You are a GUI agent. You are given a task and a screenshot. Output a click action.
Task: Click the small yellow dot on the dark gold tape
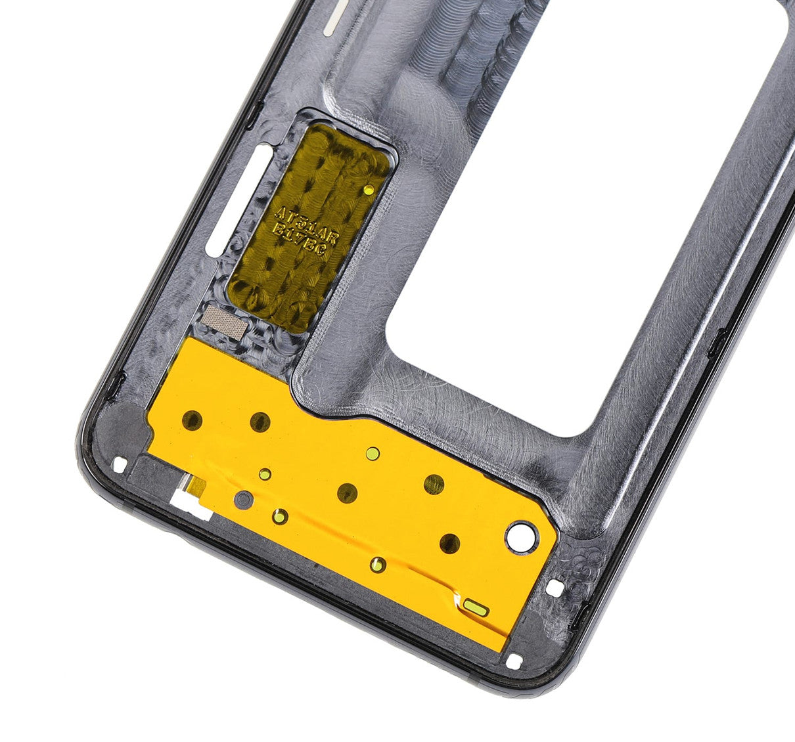coord(369,190)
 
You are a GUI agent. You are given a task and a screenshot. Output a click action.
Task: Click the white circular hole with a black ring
coord(522,536)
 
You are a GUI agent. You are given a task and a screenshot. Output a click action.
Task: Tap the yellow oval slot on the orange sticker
coord(476,607)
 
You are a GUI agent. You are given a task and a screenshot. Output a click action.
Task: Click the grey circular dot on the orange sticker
coord(243,499)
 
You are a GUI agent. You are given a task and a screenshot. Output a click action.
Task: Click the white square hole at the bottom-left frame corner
coord(119,464)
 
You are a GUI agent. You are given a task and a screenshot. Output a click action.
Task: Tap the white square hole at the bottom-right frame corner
coord(514,661)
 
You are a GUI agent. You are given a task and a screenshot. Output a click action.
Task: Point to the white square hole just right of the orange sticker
coord(556,588)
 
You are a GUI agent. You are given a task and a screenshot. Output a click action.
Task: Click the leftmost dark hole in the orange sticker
coord(193,419)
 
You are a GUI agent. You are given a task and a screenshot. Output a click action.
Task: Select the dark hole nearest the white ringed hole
coord(450,543)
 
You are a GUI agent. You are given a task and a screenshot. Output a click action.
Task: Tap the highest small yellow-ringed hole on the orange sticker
coord(373,452)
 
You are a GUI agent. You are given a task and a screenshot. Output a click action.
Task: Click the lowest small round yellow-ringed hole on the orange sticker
coord(377,563)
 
